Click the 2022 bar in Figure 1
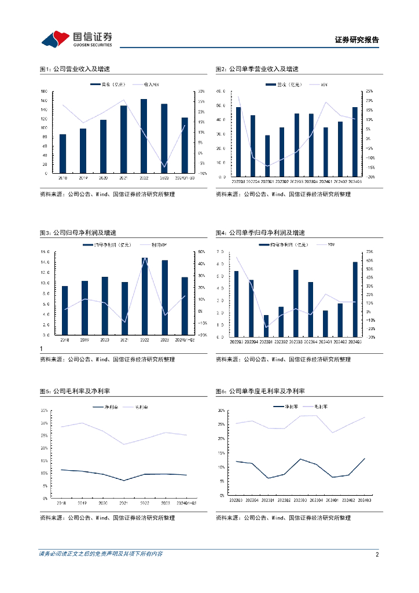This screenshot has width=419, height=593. pyautogui.click(x=144, y=136)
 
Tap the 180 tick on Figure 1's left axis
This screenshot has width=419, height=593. pyautogui.click(x=44, y=91)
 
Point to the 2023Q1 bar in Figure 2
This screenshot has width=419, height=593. pyautogui.click(x=267, y=156)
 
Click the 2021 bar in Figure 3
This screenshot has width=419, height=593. pyautogui.click(x=124, y=308)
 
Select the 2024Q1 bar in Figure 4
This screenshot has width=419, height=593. pyautogui.click(x=325, y=323)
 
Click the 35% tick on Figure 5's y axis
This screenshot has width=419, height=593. pyautogui.click(x=44, y=411)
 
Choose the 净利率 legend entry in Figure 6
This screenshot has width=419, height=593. pyautogui.click(x=292, y=407)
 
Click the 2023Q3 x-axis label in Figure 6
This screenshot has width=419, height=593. pyautogui.click(x=300, y=500)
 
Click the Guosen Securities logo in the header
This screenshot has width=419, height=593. pyautogui.click(x=76, y=39)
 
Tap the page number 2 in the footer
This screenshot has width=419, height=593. pyautogui.click(x=377, y=554)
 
